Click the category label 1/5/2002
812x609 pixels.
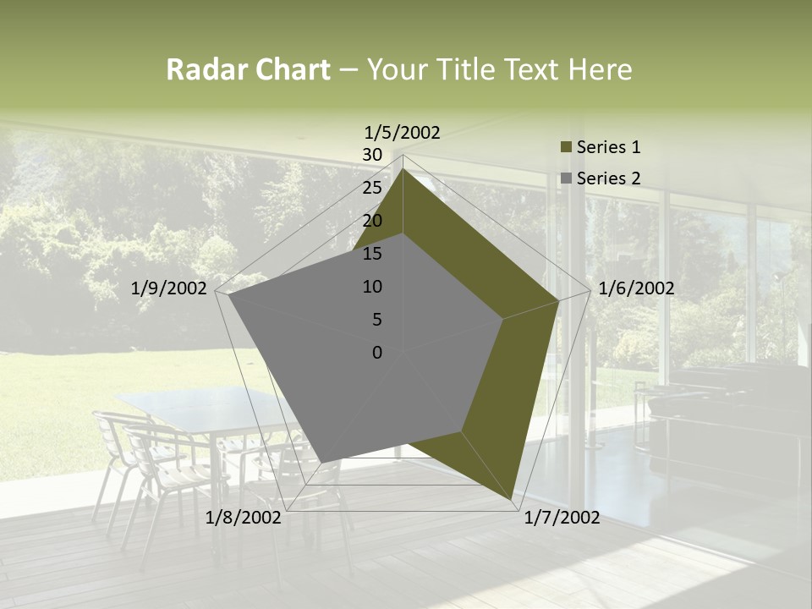tap(403, 133)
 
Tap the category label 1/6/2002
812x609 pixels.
tap(636, 288)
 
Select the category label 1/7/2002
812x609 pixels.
tap(562, 518)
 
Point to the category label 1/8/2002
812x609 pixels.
tap(244, 518)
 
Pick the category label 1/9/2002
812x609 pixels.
tap(169, 288)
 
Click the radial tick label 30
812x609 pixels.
tap(372, 155)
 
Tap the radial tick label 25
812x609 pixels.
tap(372, 188)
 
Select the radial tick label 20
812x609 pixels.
tap(372, 221)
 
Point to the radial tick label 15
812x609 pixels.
tap(372, 254)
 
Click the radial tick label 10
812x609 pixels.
tap(372, 287)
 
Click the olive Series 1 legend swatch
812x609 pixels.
tap(566, 148)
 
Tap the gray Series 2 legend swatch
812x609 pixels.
tap(566, 178)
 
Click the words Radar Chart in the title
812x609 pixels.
tap(248, 69)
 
